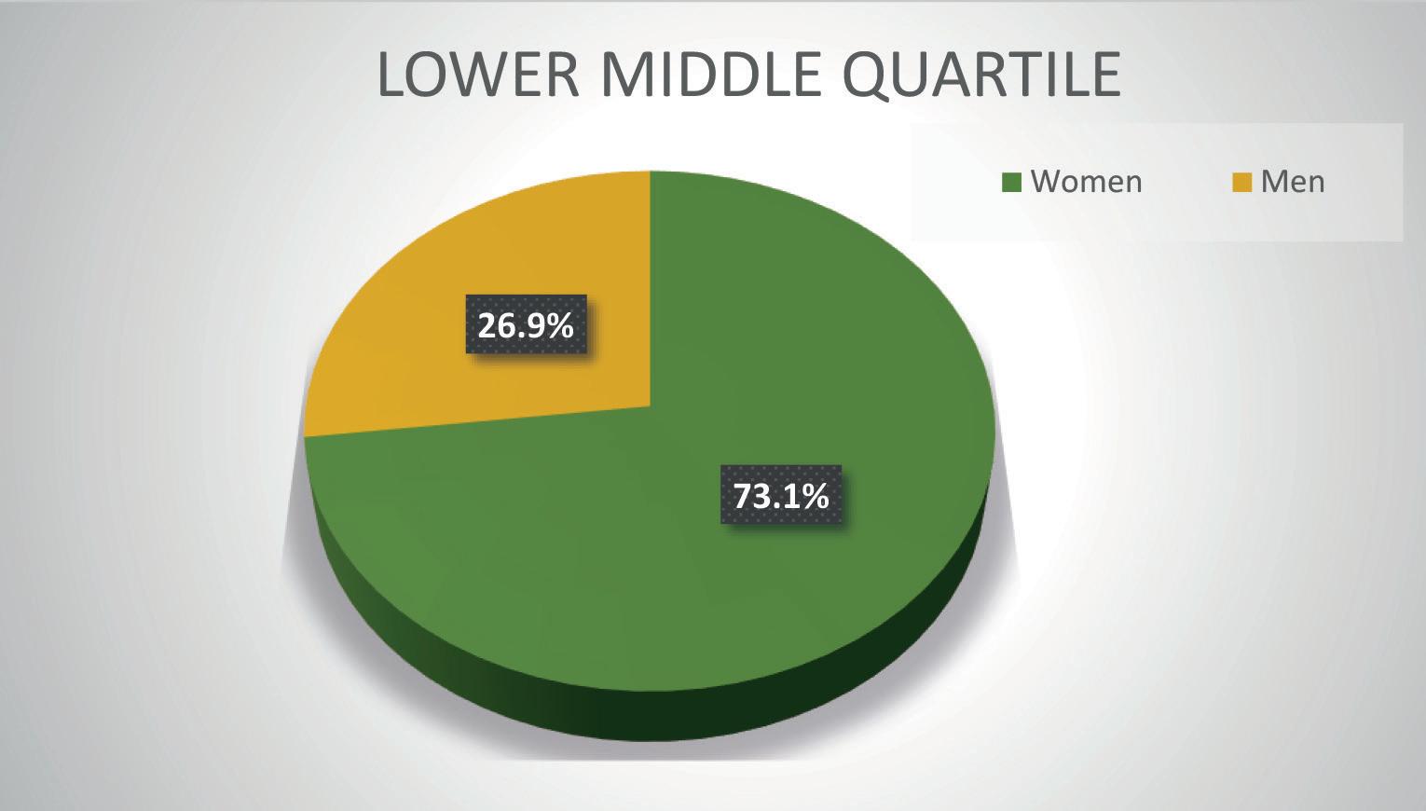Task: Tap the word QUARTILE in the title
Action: [x=981, y=76]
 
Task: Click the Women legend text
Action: [x=1087, y=182]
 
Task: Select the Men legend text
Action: [x=1293, y=182]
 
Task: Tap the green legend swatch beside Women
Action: [x=1011, y=182]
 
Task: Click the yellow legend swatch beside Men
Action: [x=1242, y=182]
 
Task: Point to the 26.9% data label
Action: [x=526, y=324]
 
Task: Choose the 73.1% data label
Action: [x=781, y=495]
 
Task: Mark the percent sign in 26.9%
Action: [x=561, y=325]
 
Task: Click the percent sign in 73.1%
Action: [x=816, y=496]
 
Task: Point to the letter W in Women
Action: [x=1048, y=182]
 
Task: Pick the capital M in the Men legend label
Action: [x=1274, y=182]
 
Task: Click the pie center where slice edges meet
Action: [x=651, y=405]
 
